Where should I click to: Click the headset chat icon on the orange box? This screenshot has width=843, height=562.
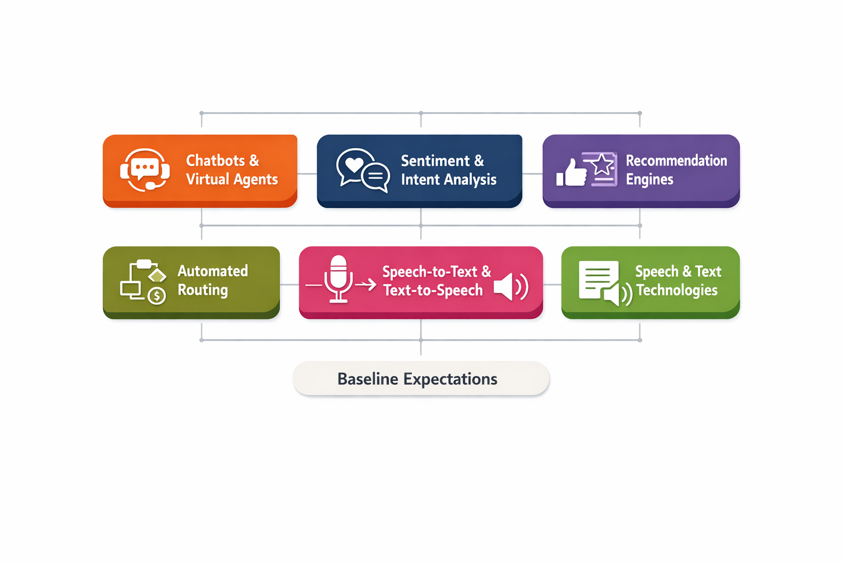145,169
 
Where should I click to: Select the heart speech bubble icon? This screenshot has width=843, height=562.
354,165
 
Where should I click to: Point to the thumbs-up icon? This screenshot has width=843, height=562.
570,173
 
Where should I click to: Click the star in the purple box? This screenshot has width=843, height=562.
602,165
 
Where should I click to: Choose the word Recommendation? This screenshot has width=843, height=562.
676,161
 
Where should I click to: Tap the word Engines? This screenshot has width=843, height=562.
649,179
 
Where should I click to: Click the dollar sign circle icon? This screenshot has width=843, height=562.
157,296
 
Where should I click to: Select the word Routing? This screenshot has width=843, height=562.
203,290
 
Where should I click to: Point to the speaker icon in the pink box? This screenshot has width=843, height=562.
510,286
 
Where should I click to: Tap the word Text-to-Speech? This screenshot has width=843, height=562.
433,290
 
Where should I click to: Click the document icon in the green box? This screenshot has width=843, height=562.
598,279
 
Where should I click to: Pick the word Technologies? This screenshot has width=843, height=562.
677,290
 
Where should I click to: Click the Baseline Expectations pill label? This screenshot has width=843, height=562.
420,379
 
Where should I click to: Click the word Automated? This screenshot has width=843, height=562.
213,271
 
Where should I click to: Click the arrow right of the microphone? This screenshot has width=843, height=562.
366,284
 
